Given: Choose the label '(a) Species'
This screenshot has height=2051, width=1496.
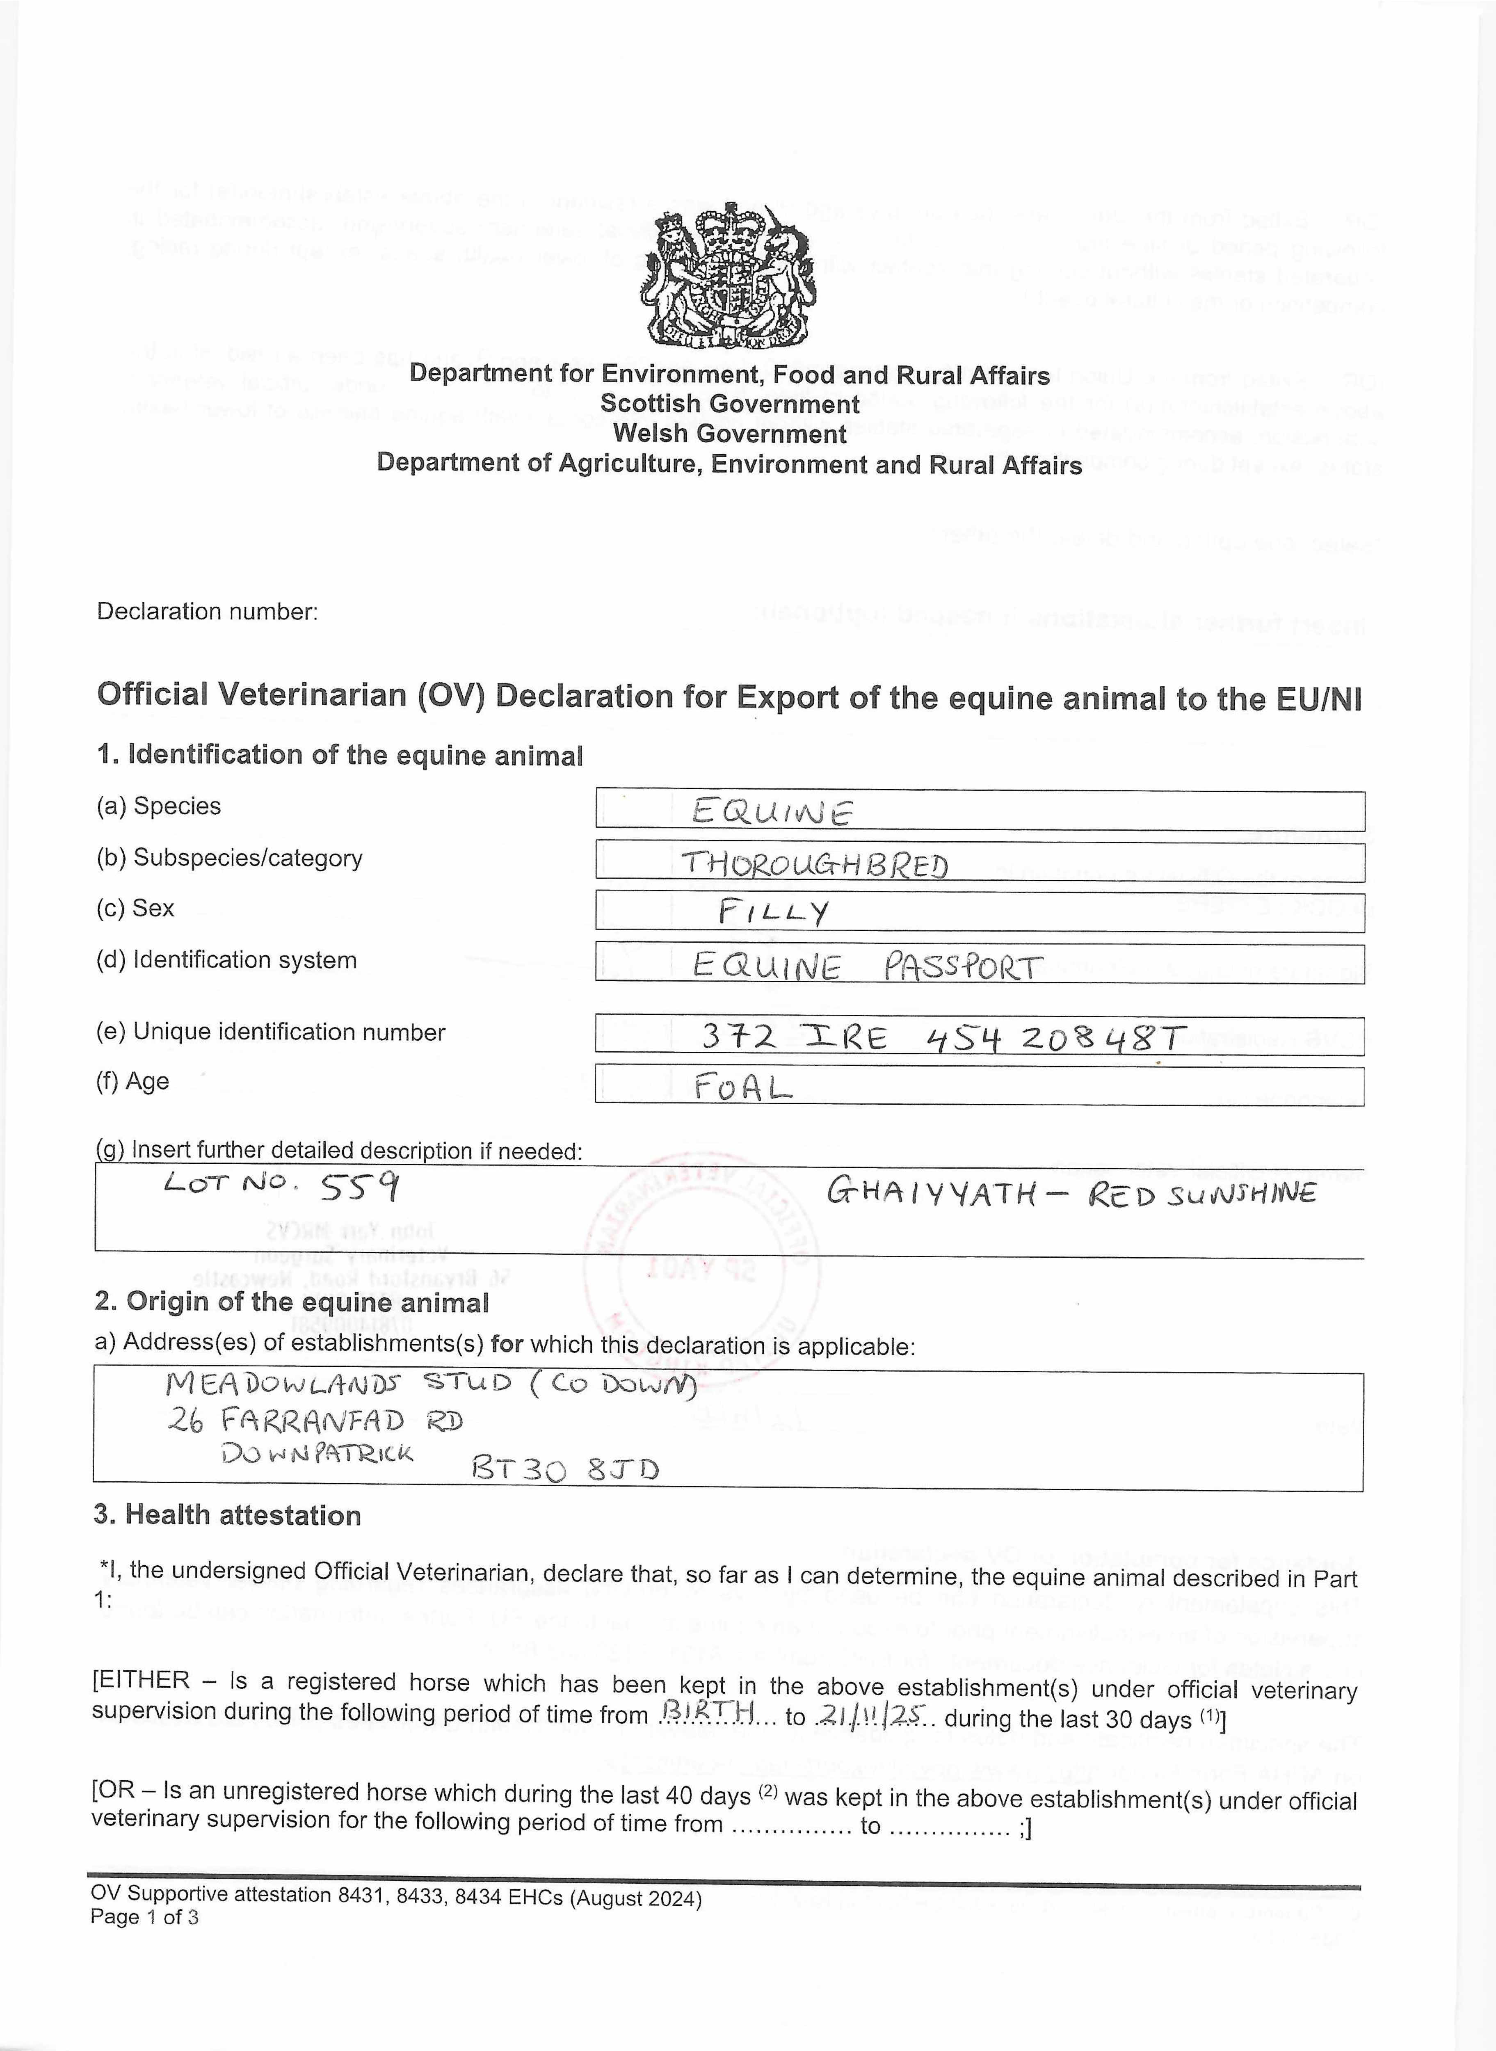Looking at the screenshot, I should tap(158, 806).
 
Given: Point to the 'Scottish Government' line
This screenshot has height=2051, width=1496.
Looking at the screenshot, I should tap(730, 404).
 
